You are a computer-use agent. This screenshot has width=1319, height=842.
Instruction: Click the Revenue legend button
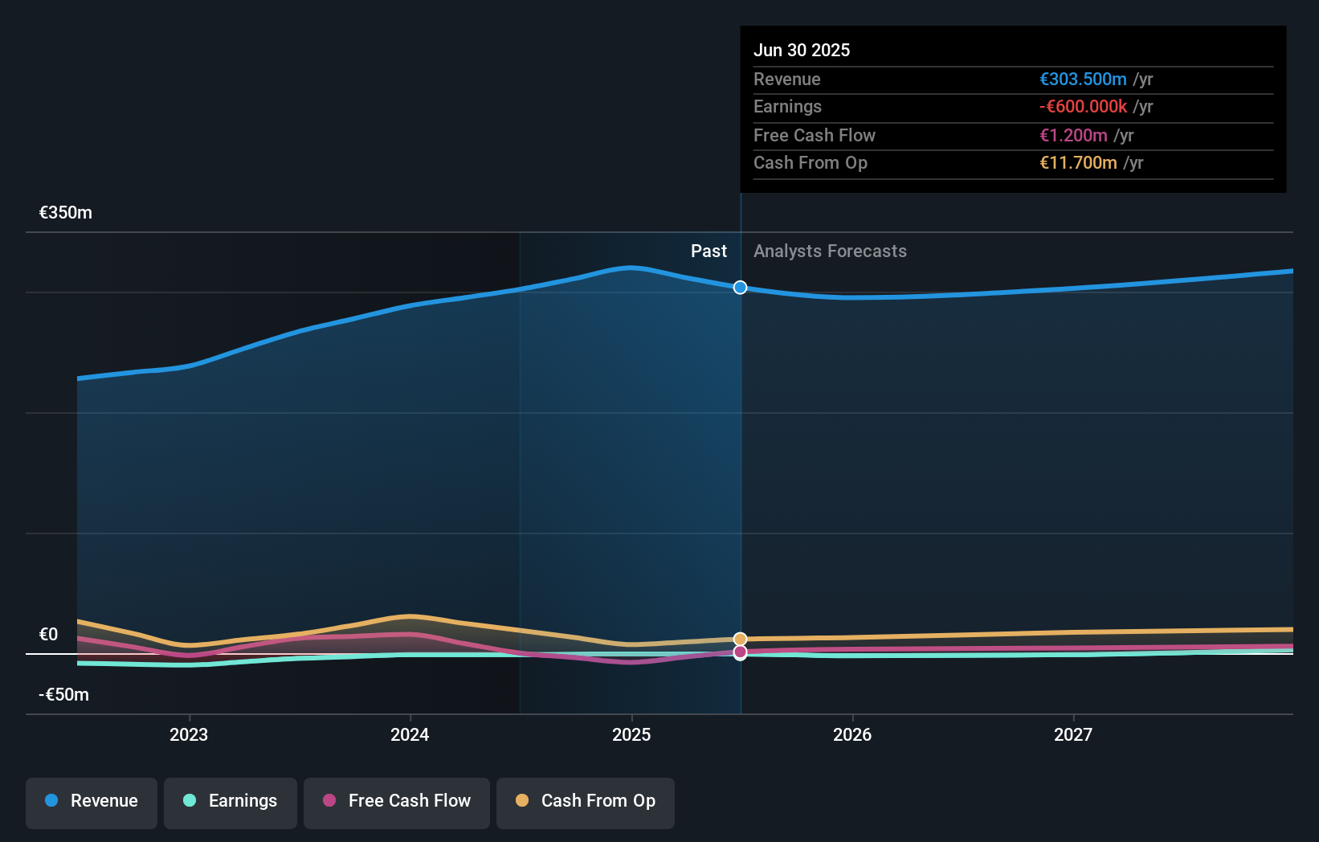92,801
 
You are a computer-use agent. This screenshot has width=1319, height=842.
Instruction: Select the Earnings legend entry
231,801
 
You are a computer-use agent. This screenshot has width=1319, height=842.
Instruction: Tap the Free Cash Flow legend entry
397,801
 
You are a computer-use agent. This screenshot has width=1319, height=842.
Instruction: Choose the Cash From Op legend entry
586,801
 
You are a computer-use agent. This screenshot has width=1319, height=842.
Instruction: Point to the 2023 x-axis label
189,734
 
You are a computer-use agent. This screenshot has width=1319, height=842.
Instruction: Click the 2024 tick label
410,734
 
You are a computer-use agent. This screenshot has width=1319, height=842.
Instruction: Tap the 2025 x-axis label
631,734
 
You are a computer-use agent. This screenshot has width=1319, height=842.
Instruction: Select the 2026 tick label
852,734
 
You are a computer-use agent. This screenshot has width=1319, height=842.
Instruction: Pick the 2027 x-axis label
1073,734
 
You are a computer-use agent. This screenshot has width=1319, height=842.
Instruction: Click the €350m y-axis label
66,213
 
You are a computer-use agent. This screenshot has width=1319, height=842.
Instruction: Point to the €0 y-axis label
49,635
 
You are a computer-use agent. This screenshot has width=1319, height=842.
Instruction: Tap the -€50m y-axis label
64,695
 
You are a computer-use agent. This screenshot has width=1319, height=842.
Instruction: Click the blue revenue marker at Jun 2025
740,288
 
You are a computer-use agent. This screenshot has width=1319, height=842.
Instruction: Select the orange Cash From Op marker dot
740,640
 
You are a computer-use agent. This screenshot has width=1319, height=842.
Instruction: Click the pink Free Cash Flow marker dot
740,652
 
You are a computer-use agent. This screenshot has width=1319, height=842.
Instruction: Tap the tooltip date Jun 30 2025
802,50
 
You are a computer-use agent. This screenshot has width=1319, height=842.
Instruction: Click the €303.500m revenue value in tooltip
1083,80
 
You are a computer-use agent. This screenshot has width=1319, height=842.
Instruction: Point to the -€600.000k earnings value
1083,107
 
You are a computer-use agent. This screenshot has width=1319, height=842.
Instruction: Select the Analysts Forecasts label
830,251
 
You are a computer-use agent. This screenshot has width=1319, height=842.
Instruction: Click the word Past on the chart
709,251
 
